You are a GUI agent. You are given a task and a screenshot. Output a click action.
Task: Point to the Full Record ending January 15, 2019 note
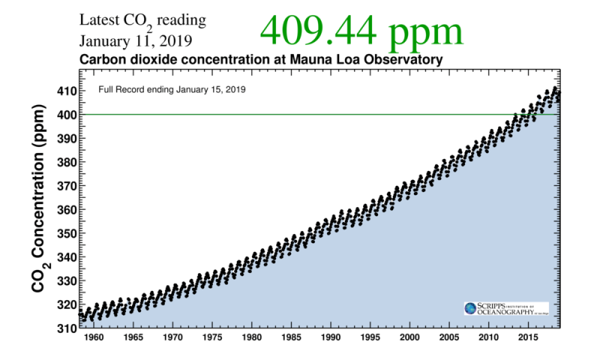pos(173,89)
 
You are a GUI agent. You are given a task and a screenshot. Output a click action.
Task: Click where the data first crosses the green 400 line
pos(515,114)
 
